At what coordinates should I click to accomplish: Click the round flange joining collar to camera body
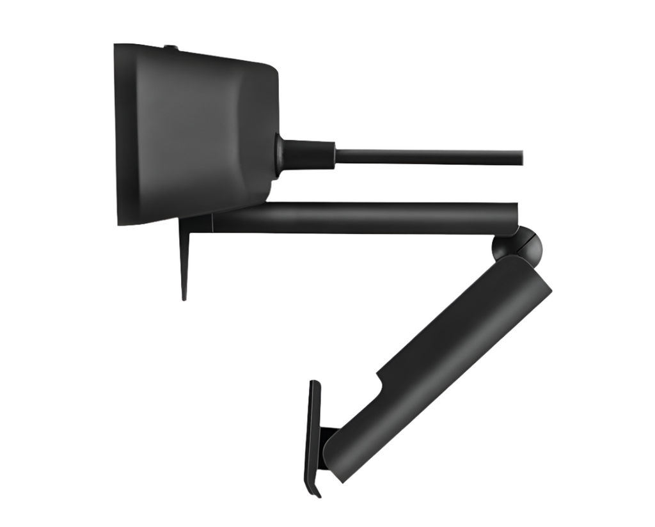(280, 155)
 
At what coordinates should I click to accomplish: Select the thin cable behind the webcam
(429, 157)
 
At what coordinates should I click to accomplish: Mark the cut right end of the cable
(521, 157)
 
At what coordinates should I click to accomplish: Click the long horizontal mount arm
(365, 217)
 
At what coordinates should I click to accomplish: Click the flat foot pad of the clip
(313, 435)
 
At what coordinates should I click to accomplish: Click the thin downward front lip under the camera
(185, 256)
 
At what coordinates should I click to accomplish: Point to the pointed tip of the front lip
(184, 297)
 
